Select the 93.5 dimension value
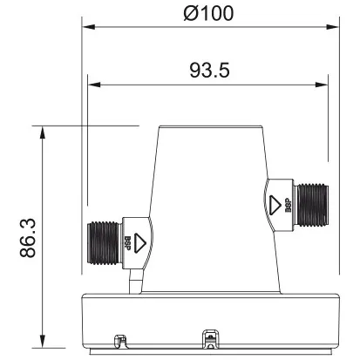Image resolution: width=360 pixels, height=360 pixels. (x=209, y=71)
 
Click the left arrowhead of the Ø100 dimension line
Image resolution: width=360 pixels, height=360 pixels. (x=86, y=26)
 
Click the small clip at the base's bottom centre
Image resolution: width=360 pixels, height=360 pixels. (x=209, y=335)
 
